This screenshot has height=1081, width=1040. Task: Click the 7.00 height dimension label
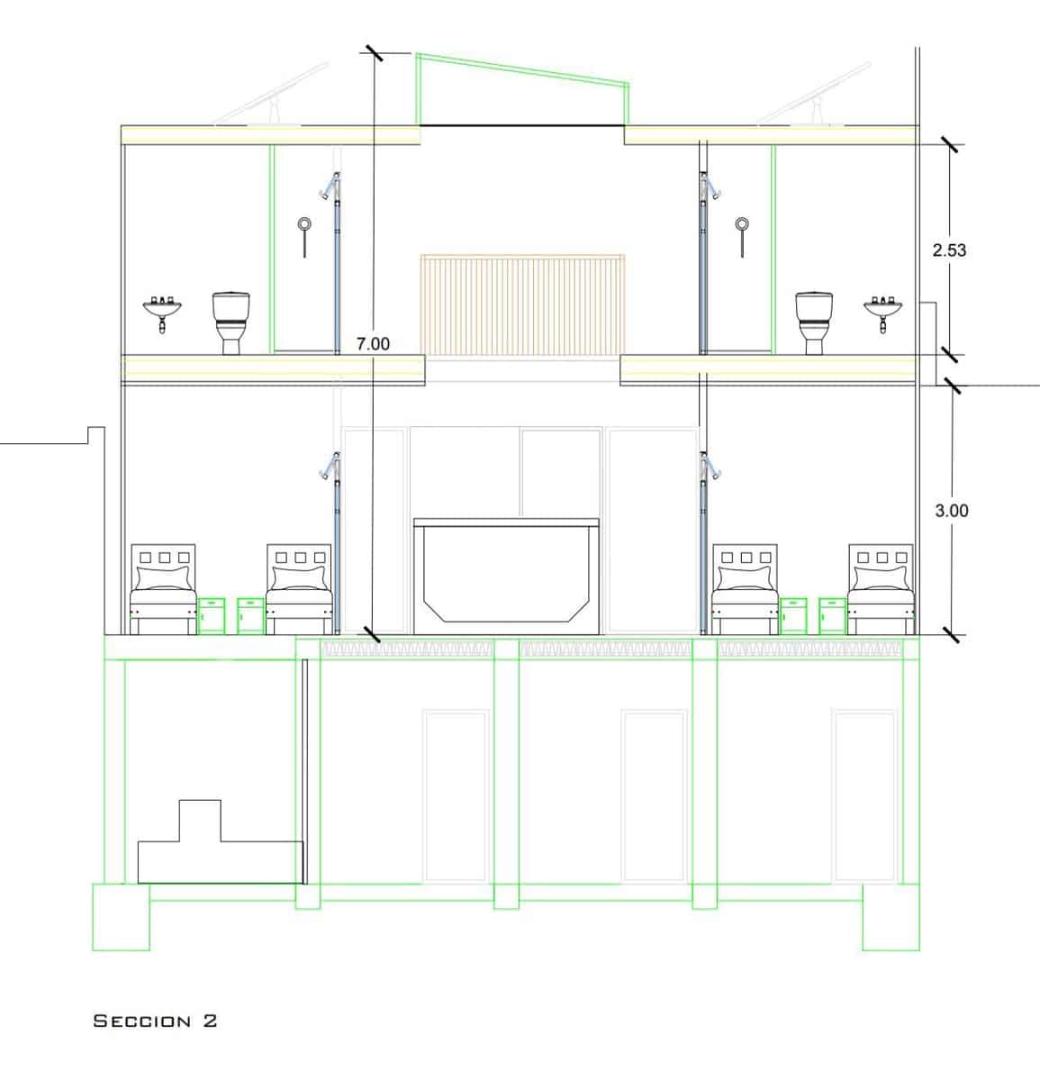pyautogui.click(x=373, y=344)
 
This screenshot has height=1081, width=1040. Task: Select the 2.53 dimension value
pyautogui.click(x=949, y=250)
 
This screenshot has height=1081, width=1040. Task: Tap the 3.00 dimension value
pyautogui.click(x=951, y=511)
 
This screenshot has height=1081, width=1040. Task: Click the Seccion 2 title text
pyautogui.click(x=155, y=1021)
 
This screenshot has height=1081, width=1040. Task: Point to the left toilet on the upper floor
pyautogui.click(x=231, y=323)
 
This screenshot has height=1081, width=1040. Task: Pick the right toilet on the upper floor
pyautogui.click(x=813, y=323)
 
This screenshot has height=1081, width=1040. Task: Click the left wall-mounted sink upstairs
pyautogui.click(x=162, y=313)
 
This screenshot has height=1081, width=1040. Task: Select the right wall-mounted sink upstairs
pyautogui.click(x=882, y=313)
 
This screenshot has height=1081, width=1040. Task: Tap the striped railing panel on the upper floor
pyautogui.click(x=522, y=305)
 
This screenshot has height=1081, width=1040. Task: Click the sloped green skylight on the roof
pyautogui.click(x=522, y=89)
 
